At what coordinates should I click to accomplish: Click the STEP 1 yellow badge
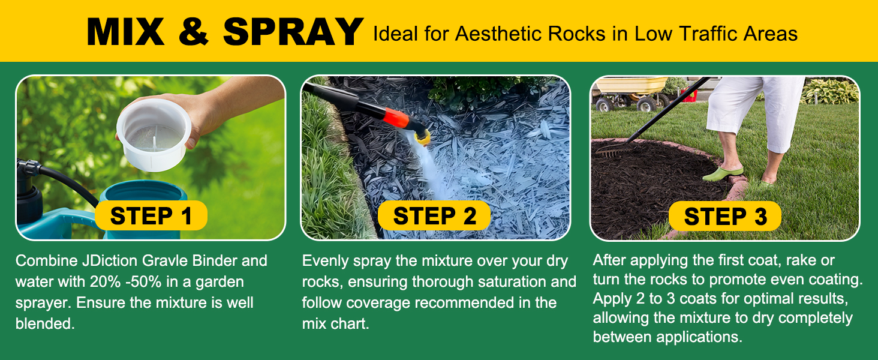click(151, 215)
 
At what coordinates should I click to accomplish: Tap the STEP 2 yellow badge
click(434, 215)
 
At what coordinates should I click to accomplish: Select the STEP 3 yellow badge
click(724, 216)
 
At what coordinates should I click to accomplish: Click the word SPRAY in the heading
click(293, 32)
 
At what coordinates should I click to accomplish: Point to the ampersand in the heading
click(194, 32)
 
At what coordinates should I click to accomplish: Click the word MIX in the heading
click(125, 32)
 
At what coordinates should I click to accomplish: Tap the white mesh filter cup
click(154, 134)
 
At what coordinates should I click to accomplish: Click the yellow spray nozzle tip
click(423, 138)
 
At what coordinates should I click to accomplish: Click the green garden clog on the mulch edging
click(723, 173)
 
